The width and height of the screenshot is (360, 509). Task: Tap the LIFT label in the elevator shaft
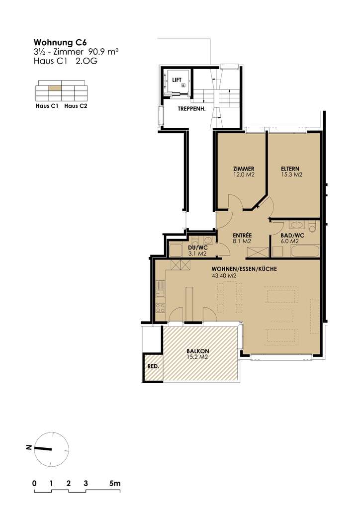177,80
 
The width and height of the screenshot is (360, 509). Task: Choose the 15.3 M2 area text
292,175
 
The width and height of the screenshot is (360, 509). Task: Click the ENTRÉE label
242,235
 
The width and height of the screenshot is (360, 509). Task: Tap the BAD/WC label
288,235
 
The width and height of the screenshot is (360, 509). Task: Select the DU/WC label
197,248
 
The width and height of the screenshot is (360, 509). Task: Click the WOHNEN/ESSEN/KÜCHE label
244,269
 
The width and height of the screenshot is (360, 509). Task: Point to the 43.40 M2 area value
224,275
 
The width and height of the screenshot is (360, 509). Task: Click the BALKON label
196,350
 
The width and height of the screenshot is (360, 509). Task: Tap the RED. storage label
153,366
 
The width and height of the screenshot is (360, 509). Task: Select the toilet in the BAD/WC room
312,227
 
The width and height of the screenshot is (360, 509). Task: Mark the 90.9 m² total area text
103,51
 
